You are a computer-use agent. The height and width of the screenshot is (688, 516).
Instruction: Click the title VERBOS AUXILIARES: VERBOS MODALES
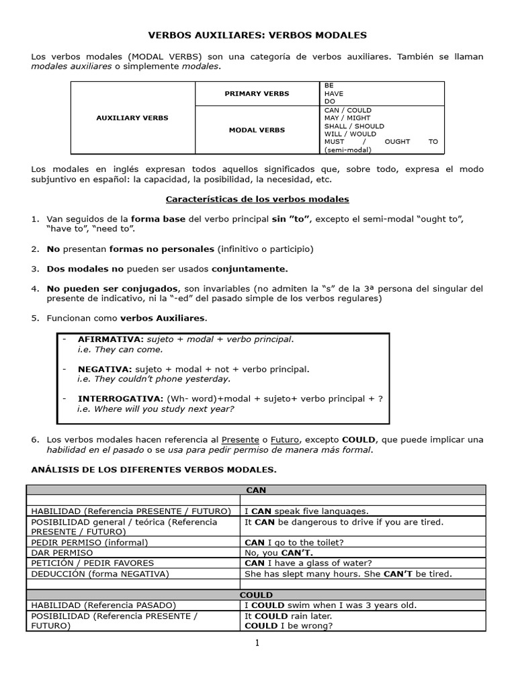coord(257,34)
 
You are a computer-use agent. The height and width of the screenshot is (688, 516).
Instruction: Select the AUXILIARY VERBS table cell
coord(132,118)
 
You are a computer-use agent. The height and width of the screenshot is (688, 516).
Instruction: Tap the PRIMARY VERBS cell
coord(257,93)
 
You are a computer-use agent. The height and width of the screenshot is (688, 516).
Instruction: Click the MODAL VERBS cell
coord(257,130)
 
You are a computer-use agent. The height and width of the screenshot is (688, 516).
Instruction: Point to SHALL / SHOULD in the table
coord(354,126)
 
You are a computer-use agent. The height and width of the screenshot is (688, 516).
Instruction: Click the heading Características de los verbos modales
coord(257,200)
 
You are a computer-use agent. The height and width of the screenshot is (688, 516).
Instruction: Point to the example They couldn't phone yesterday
coord(154,379)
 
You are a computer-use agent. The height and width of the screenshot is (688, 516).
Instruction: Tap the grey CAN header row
coord(256,490)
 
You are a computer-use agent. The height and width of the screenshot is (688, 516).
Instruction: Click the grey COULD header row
coord(256,595)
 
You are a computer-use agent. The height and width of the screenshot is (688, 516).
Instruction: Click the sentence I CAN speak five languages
coord(306,511)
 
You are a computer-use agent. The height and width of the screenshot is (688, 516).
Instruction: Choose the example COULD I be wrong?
coord(288,626)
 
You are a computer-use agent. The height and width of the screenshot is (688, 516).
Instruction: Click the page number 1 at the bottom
coord(257,643)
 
